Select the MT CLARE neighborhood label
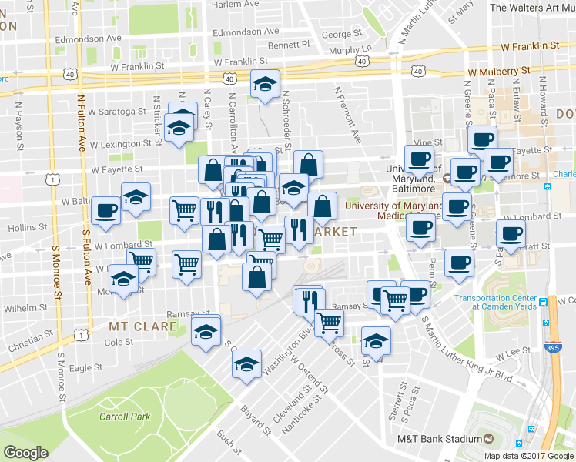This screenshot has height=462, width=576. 143,326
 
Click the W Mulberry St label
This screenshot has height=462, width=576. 500,70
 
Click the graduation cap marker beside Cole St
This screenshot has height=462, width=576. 206,332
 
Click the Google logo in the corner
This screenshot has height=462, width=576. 25,453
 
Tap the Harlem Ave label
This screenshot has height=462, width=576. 232,4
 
